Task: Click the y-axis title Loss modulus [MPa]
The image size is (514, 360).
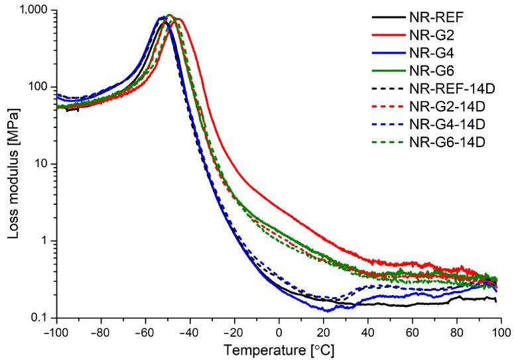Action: (x=11, y=164)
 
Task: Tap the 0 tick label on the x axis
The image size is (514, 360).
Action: (x=279, y=331)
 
